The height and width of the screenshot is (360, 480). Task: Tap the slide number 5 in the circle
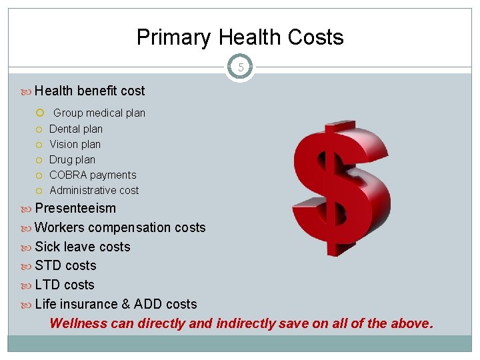(240, 67)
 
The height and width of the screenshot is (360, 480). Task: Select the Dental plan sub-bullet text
(76, 129)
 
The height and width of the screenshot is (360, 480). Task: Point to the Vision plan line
(75, 144)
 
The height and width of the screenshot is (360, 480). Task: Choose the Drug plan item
(72, 159)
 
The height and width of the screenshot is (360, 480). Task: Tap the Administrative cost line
(94, 190)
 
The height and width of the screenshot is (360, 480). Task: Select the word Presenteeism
(75, 208)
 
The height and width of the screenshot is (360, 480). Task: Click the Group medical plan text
(99, 113)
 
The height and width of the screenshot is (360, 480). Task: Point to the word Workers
(59, 227)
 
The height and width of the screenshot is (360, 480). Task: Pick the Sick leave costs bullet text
(83, 247)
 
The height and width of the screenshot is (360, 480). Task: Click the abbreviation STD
(48, 265)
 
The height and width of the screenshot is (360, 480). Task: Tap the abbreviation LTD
(47, 285)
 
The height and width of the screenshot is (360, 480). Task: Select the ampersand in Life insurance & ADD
(125, 304)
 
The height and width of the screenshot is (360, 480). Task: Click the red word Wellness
(78, 324)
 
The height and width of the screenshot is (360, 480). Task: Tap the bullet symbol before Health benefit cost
(27, 91)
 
